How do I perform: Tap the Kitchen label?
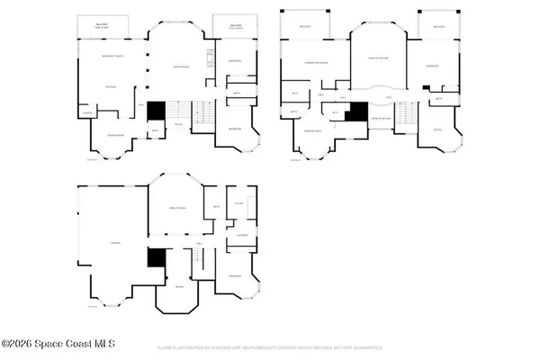111,86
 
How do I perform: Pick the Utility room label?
239,203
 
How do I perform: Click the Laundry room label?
242,236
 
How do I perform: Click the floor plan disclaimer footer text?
270,346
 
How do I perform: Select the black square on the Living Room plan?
156,109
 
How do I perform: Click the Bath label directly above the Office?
437,98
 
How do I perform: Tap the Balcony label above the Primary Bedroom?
305,27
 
